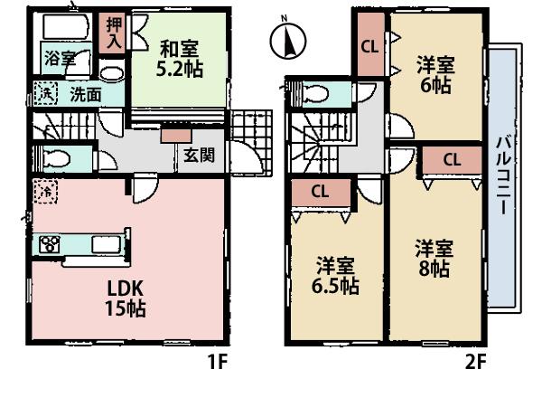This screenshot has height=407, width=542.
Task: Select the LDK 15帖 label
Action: (x=125, y=298)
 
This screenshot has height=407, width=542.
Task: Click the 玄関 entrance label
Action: (x=199, y=154)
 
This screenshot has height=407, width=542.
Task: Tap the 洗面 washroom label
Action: (x=86, y=92)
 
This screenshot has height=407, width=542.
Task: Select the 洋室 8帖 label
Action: (x=435, y=257)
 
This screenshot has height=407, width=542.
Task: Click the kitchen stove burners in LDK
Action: (x=48, y=243)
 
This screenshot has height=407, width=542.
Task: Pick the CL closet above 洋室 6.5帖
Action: (x=320, y=191)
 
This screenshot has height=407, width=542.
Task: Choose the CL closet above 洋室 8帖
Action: (x=451, y=158)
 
